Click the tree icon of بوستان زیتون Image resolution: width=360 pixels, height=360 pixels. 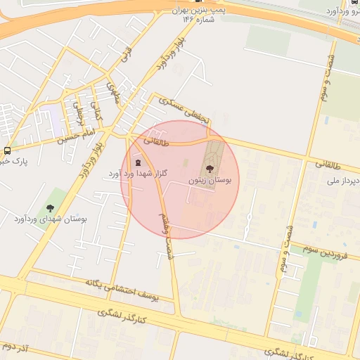209,168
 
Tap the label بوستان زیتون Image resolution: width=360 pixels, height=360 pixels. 210,181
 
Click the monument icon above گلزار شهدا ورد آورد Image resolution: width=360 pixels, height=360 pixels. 137,162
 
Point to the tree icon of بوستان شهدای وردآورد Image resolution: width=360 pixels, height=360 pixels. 51,207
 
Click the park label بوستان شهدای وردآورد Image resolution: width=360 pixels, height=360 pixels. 50,219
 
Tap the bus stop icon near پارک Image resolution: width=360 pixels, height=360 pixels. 7,150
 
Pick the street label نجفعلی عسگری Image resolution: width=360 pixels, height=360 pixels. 184,111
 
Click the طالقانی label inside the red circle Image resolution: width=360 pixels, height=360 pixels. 157,141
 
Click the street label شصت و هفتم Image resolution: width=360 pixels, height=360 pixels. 166,231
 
